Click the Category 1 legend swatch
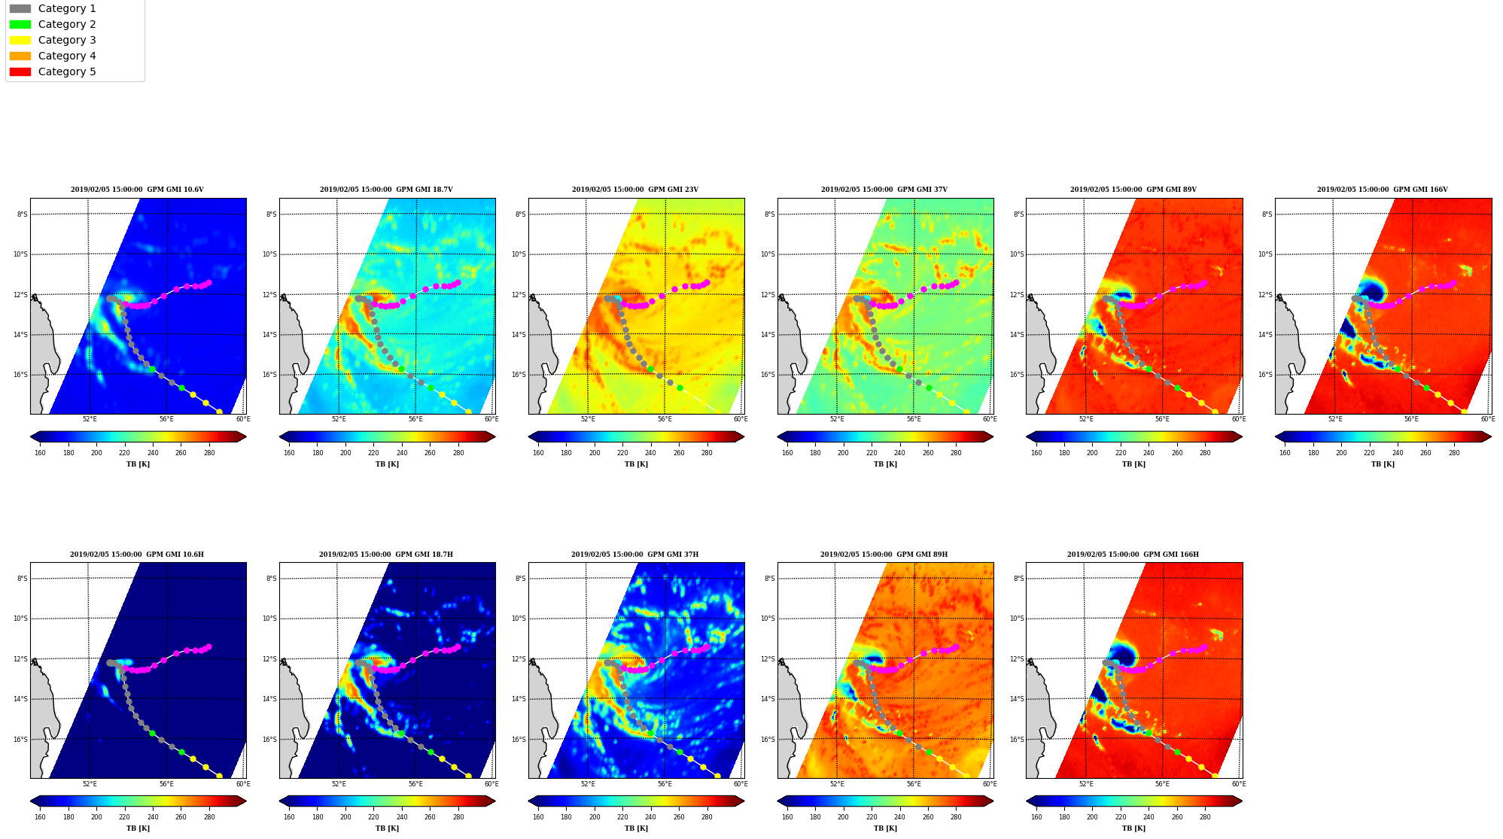20,8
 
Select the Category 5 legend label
67,71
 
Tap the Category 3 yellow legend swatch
20,40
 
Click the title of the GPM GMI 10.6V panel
137,190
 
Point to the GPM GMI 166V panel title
1382,190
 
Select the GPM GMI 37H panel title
634,555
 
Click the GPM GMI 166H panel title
1133,555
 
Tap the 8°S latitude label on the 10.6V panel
23,214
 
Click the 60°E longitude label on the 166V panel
1487,419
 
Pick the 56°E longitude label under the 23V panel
665,419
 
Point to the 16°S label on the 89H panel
768,740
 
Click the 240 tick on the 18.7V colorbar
402,453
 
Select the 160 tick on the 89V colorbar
1036,453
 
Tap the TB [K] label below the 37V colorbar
885,464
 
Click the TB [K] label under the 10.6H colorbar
138,828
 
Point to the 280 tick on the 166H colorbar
1205,817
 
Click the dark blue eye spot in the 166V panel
1373,290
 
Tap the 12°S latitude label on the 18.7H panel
269,659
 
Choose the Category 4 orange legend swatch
20,56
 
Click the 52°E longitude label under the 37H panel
588,783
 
